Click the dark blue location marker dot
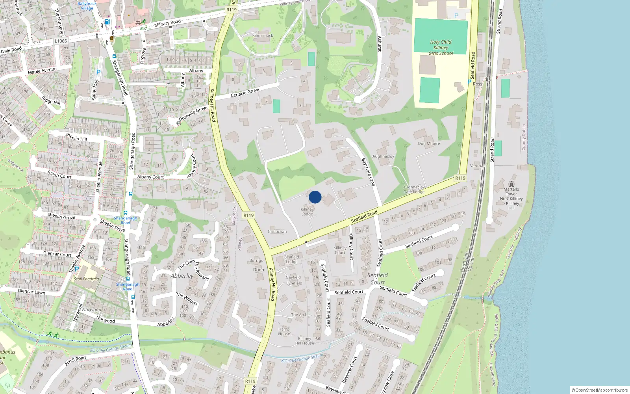tap(315, 197)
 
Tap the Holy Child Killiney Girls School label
tap(441, 48)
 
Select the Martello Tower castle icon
tap(511, 184)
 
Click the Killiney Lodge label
tap(307, 212)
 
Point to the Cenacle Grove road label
tap(245, 93)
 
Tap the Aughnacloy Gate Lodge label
tap(414, 190)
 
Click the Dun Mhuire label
tap(429, 143)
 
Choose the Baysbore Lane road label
tap(368, 172)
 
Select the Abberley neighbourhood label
tap(182, 276)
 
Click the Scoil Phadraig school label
tap(87, 279)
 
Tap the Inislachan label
tap(277, 232)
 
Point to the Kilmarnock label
tap(263, 35)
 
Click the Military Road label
tap(167, 23)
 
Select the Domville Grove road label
tap(193, 113)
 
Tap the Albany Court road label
tap(150, 177)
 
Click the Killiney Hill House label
tap(305, 341)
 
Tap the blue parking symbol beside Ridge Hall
tap(98, 72)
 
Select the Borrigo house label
tap(256, 260)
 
